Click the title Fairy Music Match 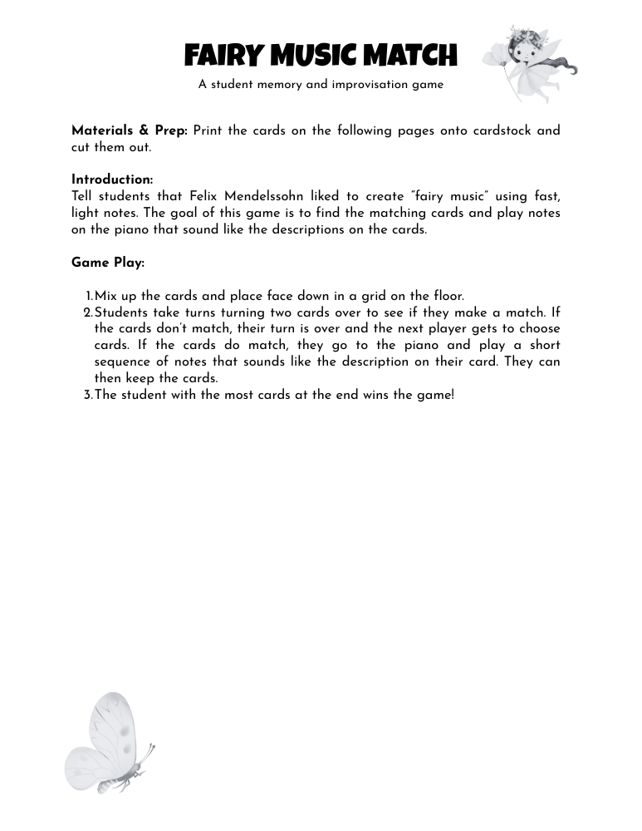click(321, 56)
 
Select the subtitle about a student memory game click(321, 85)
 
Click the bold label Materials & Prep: click(130, 130)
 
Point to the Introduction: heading click(112, 179)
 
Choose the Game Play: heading click(108, 263)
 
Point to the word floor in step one click(448, 296)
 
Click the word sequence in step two click(124, 361)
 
